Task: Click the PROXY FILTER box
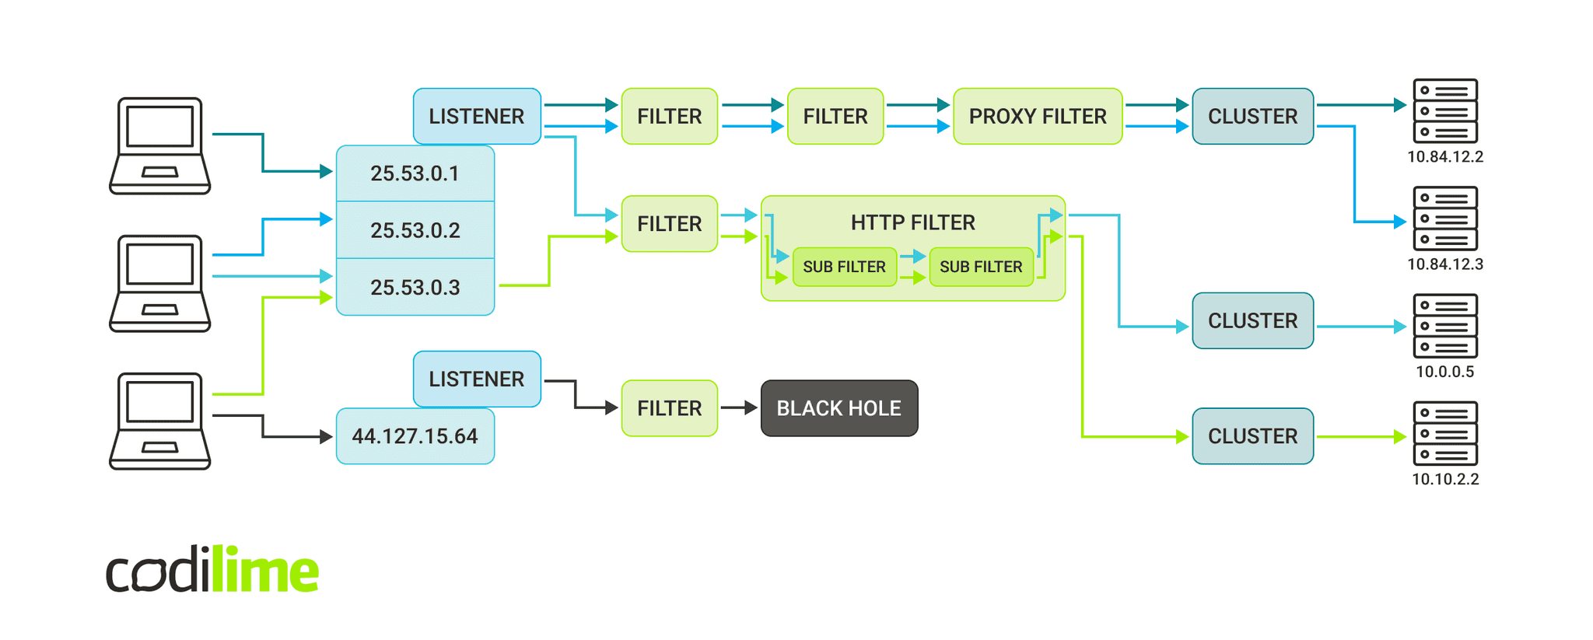pyautogui.click(x=1037, y=117)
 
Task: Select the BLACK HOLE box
pyautogui.click(x=839, y=408)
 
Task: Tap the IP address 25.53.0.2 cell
pyautogui.click(x=415, y=230)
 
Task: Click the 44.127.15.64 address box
pyautogui.click(x=415, y=436)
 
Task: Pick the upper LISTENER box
pyautogui.click(x=476, y=117)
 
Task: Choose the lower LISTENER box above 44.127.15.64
pyautogui.click(x=476, y=379)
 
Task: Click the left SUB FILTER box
pyautogui.click(x=844, y=267)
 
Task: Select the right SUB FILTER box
pyautogui.click(x=980, y=267)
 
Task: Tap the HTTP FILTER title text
pyautogui.click(x=912, y=223)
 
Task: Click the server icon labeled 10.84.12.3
pyautogui.click(x=1444, y=219)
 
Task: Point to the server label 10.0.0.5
pyautogui.click(x=1444, y=372)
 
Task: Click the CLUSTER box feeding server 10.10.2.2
pyautogui.click(x=1252, y=436)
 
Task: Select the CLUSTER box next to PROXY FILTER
pyautogui.click(x=1252, y=117)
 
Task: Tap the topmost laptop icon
pyautogui.click(x=160, y=145)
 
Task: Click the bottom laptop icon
pyautogui.click(x=160, y=421)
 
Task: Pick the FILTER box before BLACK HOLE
pyautogui.click(x=669, y=408)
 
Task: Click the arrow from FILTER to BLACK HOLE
pyautogui.click(x=738, y=407)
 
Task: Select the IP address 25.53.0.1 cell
pyautogui.click(x=415, y=173)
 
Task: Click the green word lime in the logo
pyautogui.click(x=264, y=570)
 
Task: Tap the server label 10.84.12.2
pyautogui.click(x=1444, y=157)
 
